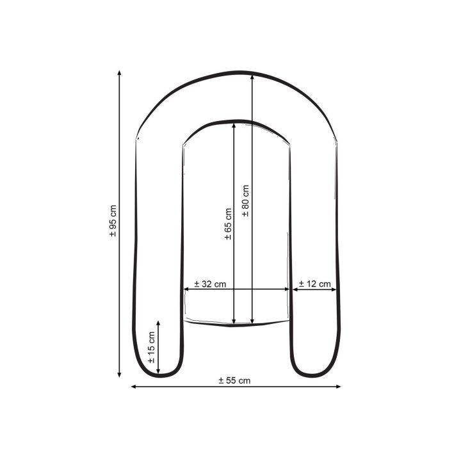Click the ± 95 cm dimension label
(113, 221)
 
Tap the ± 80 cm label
(245, 201)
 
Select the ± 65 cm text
(228, 224)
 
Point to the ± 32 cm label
(210, 284)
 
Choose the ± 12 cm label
(315, 284)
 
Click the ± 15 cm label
(151, 348)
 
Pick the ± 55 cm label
(234, 380)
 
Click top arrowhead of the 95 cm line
(119, 72)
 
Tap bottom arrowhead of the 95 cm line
(119, 375)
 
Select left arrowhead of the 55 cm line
(133, 387)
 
